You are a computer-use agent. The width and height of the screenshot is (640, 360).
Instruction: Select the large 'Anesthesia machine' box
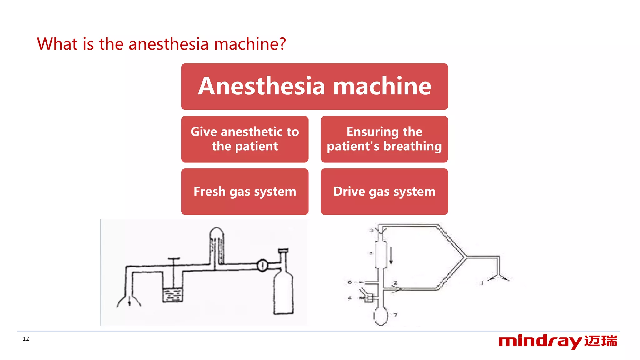314,87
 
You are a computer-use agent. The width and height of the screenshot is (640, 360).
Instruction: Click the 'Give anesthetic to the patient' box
245,139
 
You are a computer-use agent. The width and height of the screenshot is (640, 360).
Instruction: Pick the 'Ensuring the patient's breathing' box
384,139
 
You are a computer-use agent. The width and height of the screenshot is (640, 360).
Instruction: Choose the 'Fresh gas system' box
245,192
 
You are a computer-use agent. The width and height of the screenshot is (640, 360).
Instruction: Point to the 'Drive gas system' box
384,192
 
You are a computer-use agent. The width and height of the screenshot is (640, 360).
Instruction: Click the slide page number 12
26,339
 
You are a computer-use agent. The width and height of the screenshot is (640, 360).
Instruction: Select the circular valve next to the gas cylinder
262,265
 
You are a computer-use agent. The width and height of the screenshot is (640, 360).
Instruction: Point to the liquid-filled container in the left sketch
173,295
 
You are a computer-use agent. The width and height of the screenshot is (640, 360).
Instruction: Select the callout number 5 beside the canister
371,253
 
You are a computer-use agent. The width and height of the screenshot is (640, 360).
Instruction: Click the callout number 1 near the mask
482,283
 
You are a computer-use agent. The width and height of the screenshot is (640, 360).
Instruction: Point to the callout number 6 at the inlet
350,282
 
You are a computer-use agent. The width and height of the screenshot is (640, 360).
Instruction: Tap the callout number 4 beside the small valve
350,298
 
